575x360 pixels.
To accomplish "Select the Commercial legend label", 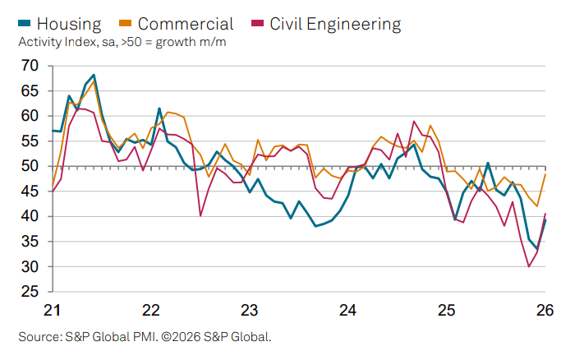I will point(186,24).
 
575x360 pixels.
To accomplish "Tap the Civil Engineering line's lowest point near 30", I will point(529,266).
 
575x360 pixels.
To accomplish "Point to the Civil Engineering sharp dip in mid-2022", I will point(200,215).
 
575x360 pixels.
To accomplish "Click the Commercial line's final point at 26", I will point(545,174).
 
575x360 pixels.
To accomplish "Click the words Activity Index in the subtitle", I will point(55,42).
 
